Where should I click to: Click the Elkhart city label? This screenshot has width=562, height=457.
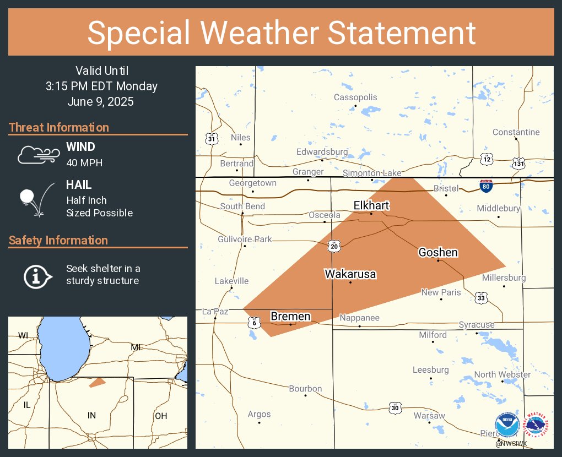[371, 205]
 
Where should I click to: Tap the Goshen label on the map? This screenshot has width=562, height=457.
[438, 252]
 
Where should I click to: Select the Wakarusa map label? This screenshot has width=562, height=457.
[350, 274]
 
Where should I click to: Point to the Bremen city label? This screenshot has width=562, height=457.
[290, 316]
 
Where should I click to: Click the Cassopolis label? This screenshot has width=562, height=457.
[355, 97]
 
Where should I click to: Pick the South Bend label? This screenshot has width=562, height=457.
[242, 206]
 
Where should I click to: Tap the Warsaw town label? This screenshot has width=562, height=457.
[429, 415]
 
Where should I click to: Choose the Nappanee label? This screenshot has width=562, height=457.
[359, 318]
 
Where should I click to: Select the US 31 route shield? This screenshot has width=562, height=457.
[212, 139]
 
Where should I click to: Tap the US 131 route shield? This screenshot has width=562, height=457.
[519, 164]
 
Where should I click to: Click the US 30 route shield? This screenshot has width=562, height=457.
[395, 407]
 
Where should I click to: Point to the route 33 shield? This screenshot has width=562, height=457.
[482, 298]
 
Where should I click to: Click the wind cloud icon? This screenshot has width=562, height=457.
[37, 155]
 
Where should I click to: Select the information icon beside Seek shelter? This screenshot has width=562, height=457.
[37, 275]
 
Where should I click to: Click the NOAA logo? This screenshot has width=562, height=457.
[506, 425]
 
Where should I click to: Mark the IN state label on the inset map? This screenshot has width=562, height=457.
[91, 415]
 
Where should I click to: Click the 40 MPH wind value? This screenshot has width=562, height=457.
[84, 162]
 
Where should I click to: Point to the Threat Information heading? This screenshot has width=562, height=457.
[59, 127]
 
